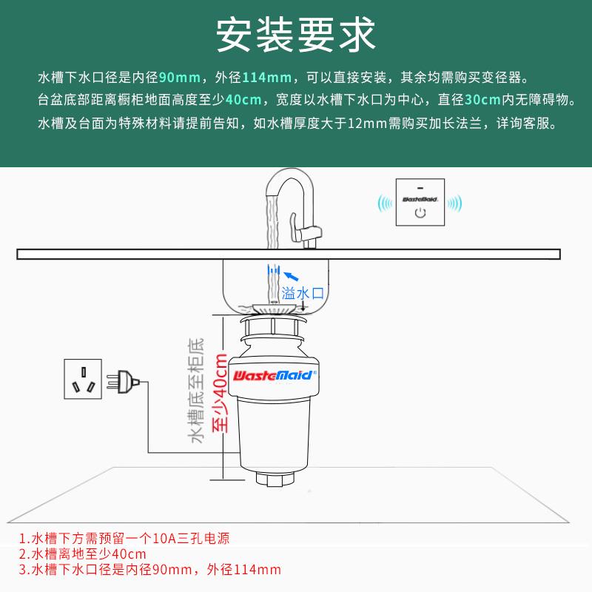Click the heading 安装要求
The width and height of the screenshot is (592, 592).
296,34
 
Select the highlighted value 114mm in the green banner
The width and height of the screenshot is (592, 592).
264,78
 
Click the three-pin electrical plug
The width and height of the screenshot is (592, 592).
123,383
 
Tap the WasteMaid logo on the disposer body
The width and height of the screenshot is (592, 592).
275,375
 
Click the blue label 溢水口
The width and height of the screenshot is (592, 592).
303,293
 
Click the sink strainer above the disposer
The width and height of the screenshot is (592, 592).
275,305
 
